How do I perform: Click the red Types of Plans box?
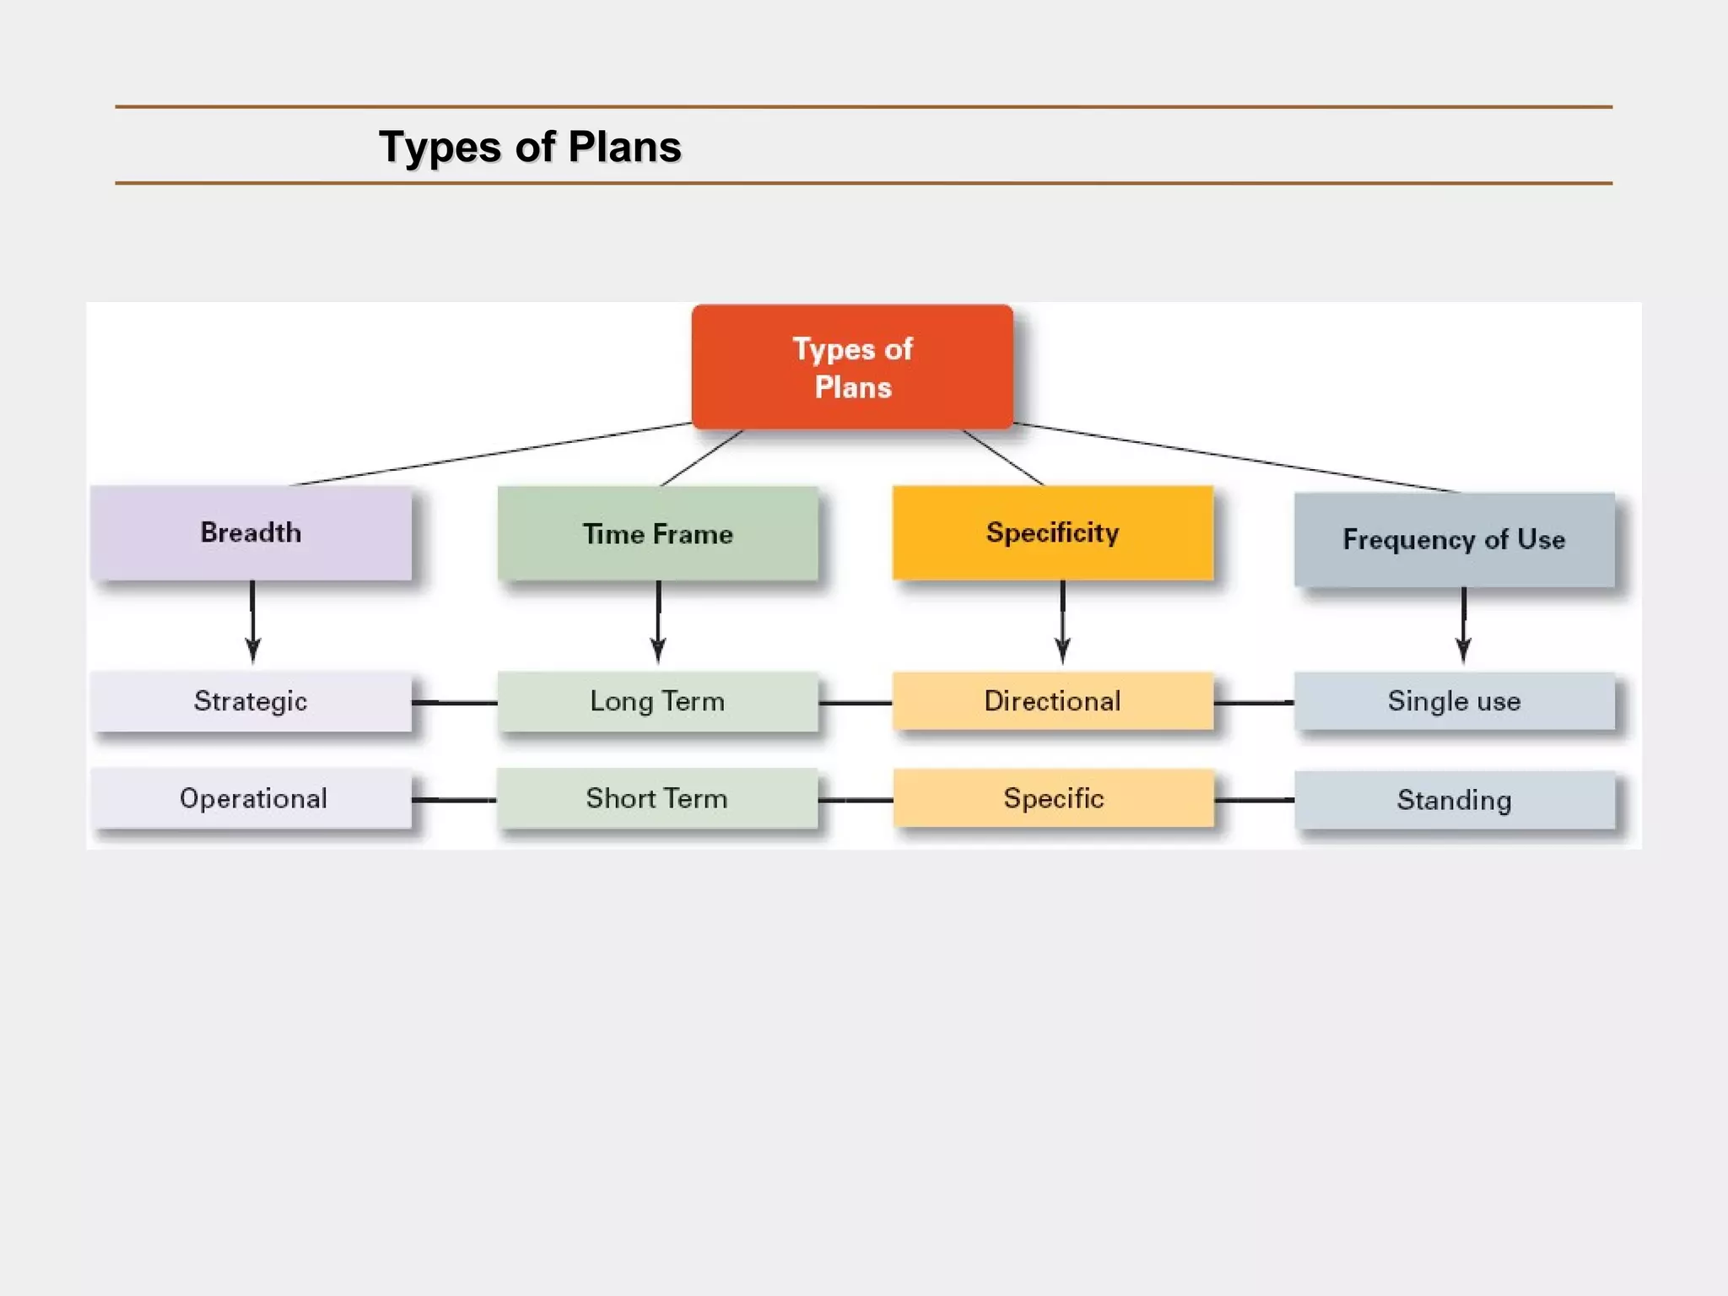pos(852,368)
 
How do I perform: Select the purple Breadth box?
pos(251,532)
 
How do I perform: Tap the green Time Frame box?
pos(657,533)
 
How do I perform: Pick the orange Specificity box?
pos(1053,532)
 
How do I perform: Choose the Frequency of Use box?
pos(1454,539)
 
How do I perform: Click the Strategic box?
pos(251,701)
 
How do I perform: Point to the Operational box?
pos(251,798)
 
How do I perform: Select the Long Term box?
pos(657,701)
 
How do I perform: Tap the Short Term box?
pos(657,798)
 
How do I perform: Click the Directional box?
pos(1053,701)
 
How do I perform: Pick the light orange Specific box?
pos(1053,798)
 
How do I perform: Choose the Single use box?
pos(1454,701)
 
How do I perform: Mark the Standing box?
pos(1454,800)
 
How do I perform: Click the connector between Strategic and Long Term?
pos(455,702)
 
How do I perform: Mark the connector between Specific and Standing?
pos(1254,800)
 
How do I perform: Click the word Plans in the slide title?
pos(624,147)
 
